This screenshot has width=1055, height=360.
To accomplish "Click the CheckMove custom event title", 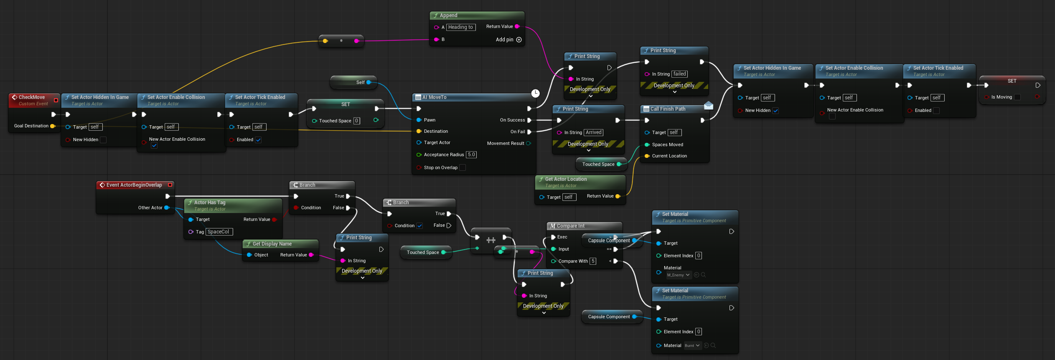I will (32, 97).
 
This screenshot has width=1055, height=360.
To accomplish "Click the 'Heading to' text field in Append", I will (461, 27).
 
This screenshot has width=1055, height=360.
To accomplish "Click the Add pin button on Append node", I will (519, 40).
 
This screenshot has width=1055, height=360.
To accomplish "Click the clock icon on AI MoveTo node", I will (535, 93).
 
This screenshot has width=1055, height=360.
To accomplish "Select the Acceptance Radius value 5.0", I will (471, 155).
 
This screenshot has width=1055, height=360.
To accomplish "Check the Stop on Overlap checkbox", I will (463, 167).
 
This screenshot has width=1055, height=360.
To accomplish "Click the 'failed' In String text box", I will (679, 74).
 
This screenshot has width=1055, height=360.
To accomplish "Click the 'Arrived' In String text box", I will (593, 132).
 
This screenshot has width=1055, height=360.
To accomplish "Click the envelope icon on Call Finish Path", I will (709, 105).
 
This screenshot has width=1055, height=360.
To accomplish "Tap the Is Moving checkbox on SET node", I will (1017, 97).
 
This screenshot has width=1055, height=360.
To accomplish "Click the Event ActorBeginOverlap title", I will (134, 185).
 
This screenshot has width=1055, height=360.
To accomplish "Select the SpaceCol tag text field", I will (219, 232).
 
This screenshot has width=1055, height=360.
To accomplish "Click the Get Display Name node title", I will (272, 244).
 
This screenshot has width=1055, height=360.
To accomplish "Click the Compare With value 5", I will (593, 261).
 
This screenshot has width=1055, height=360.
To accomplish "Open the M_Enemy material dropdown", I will (679, 275).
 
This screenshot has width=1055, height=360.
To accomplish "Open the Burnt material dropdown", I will (692, 345).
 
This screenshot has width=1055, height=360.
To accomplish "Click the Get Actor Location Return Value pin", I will (618, 196).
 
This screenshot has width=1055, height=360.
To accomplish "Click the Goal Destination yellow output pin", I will (52, 126).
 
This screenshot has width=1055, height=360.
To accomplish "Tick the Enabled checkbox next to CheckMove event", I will (258, 140).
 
